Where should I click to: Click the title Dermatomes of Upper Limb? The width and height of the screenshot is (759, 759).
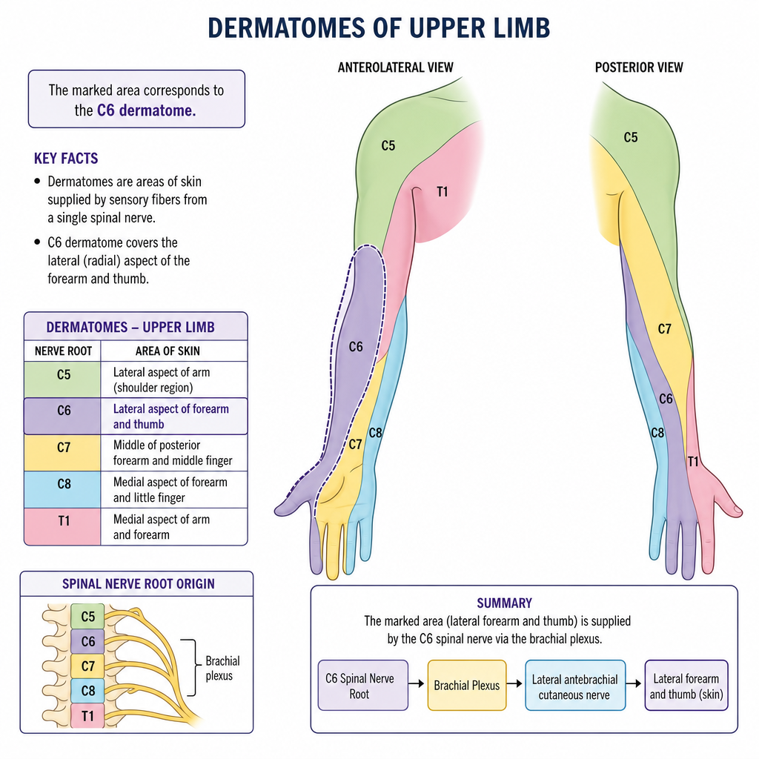pos(379,27)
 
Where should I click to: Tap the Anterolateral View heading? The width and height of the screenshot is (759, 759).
pos(396,67)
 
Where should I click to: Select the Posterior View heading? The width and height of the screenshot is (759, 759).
pos(639,67)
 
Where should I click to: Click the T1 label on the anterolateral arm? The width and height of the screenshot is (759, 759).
pos(443,192)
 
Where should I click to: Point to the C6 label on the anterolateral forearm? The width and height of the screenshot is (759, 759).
pos(356,347)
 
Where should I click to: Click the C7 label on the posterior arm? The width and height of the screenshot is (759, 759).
pos(665,329)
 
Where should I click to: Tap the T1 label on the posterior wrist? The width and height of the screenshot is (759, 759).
pos(693,462)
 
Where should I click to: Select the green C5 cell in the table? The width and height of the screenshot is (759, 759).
pos(63,379)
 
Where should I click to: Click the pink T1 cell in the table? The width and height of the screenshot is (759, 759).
pos(63,526)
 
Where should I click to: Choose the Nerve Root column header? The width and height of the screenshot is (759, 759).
pos(64,351)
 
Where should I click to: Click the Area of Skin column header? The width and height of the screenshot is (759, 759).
pos(168,351)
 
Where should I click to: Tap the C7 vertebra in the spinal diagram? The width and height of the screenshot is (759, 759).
pos(87,666)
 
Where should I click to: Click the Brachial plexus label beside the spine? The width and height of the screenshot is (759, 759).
pos(222,668)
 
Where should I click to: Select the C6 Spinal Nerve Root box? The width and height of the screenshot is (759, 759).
pos(363,686)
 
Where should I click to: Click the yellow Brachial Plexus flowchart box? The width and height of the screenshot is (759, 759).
pos(467,686)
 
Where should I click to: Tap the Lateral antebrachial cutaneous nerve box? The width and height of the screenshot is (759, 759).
pos(575,686)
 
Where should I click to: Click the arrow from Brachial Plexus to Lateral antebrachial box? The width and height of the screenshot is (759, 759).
pos(514,683)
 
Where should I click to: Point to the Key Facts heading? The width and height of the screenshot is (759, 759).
pos(66,159)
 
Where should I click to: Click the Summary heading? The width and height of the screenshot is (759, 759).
pos(504,603)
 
